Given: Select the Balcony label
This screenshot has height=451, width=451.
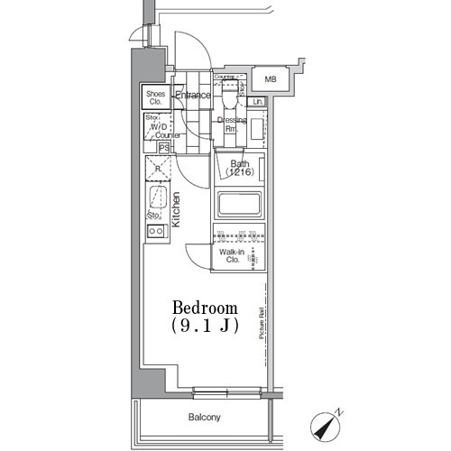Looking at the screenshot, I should pos(204,418).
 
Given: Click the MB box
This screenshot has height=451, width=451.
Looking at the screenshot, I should pos(270,80).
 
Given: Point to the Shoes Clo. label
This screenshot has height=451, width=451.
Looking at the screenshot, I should pos(154,97).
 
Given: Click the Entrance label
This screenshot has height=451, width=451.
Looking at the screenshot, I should pos(192,96).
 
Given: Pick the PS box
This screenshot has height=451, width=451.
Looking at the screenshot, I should pos(163,148).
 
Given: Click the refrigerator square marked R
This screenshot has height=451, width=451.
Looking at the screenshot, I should pos(158,169).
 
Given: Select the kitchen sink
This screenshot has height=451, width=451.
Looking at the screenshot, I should pos(158,198).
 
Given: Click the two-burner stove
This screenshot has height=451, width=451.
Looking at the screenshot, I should pos(155,232).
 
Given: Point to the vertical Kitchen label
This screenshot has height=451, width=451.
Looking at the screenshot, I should pos(177,210).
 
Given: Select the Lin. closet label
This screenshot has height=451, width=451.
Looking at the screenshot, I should pos(258,102).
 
